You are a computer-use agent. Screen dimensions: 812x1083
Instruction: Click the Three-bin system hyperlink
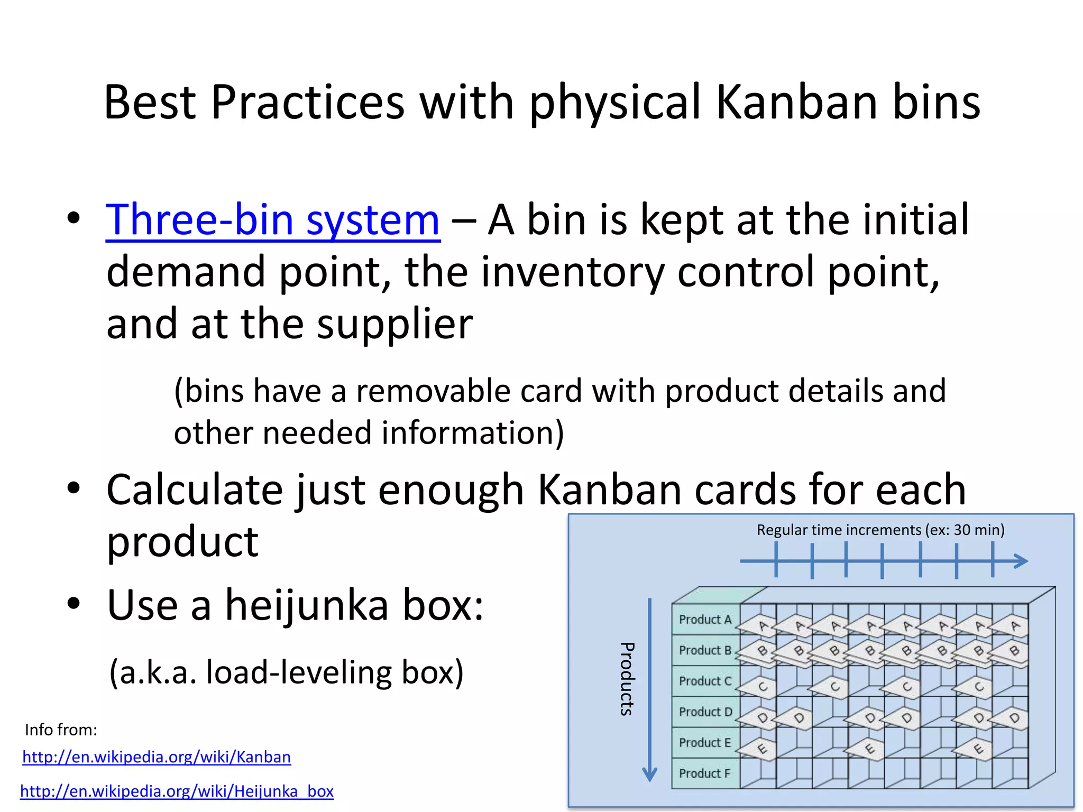coord(272,220)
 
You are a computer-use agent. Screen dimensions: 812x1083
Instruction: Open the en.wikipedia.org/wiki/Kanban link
coord(157,757)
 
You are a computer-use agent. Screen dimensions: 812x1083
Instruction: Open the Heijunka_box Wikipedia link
coord(177,791)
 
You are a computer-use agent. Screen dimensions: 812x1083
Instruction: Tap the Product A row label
coord(705,620)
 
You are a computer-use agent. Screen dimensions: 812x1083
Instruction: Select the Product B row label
coord(705,650)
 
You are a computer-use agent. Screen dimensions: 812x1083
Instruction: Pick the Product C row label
coord(705,681)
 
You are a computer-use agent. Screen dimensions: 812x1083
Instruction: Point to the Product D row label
coord(705,712)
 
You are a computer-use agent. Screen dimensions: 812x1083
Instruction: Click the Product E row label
coord(705,742)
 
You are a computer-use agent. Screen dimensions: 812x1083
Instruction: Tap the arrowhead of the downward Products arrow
coord(649,775)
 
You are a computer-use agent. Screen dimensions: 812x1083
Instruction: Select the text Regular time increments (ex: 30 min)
coord(880,530)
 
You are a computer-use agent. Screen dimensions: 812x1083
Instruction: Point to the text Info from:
coord(61,730)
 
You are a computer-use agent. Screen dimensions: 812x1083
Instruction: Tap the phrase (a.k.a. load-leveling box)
coord(286,672)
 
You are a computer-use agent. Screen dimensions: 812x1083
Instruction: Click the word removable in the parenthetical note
coord(433,391)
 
